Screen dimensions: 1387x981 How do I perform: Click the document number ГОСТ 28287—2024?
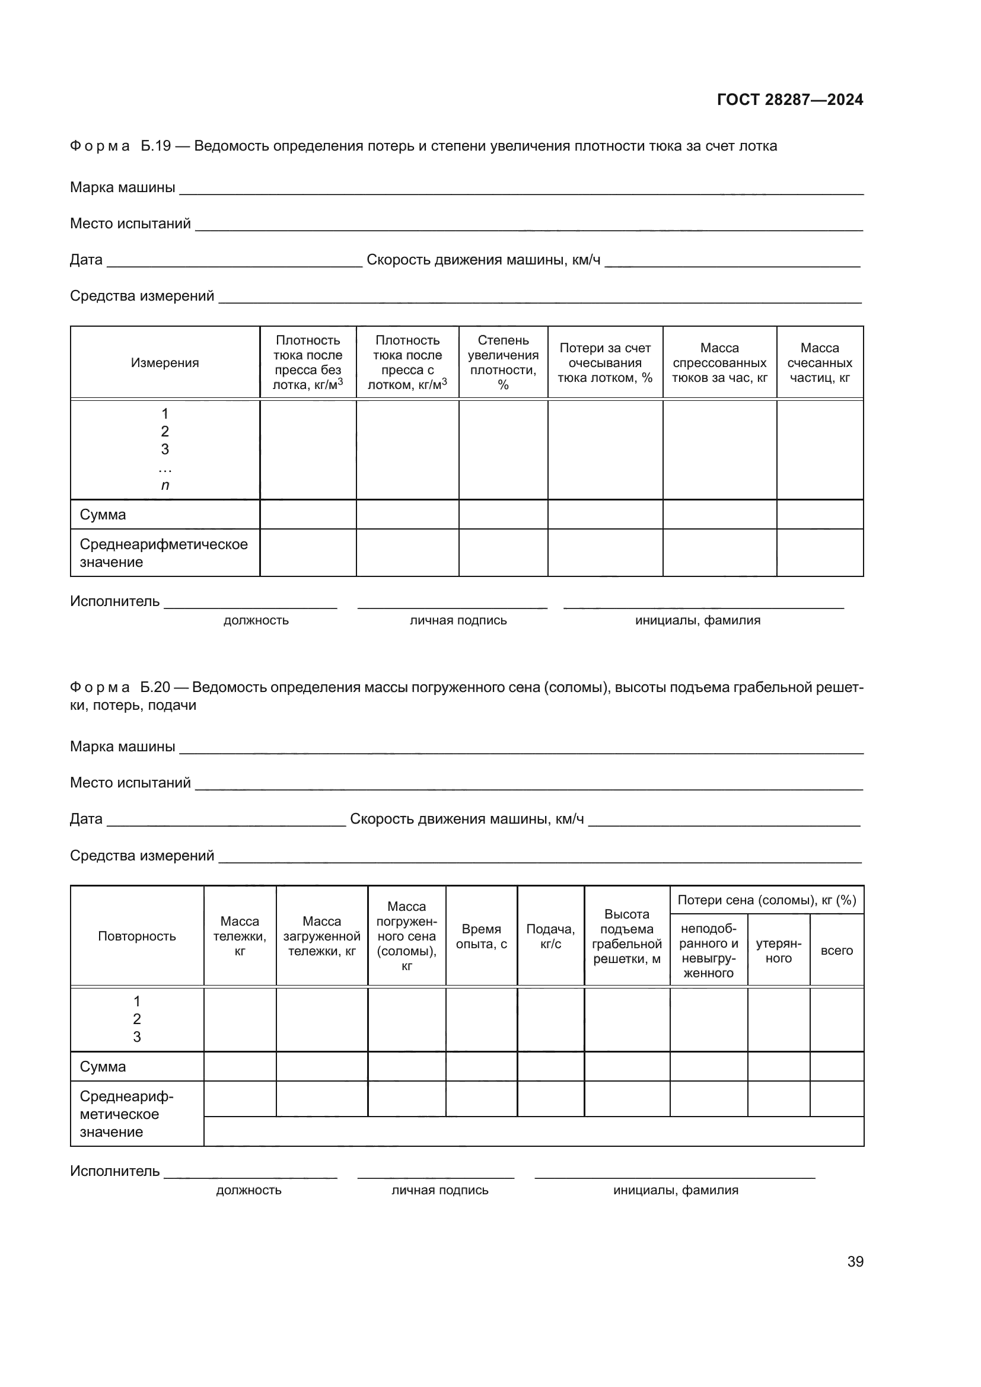point(789,100)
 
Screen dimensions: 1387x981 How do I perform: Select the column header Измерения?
point(165,362)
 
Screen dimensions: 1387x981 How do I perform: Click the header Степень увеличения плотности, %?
point(503,362)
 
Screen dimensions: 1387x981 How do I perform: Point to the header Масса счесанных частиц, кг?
point(819,362)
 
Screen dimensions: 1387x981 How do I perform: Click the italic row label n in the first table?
point(165,485)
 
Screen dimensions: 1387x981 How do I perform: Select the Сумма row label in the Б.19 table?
point(103,515)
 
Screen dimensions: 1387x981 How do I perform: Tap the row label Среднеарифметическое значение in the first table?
point(163,553)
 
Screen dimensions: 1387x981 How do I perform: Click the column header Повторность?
point(136,936)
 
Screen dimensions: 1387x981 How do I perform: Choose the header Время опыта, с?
point(481,936)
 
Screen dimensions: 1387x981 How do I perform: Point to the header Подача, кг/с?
point(550,936)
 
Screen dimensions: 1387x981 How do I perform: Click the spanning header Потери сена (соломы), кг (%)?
point(766,900)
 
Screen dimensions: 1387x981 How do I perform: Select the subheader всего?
point(837,950)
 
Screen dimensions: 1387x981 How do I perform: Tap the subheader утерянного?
point(778,950)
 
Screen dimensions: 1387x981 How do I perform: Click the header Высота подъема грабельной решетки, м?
point(626,936)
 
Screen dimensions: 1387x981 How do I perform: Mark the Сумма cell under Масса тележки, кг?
point(240,1066)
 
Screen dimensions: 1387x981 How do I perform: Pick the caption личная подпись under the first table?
point(458,620)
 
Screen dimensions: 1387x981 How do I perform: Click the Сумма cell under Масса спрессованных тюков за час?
point(719,515)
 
